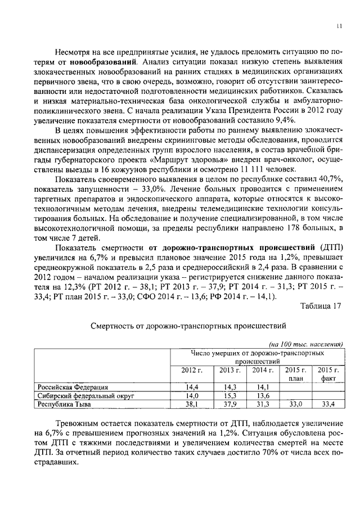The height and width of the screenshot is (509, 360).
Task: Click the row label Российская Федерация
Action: [73, 387]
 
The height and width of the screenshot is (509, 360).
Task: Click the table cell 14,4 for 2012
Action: [192, 387]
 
